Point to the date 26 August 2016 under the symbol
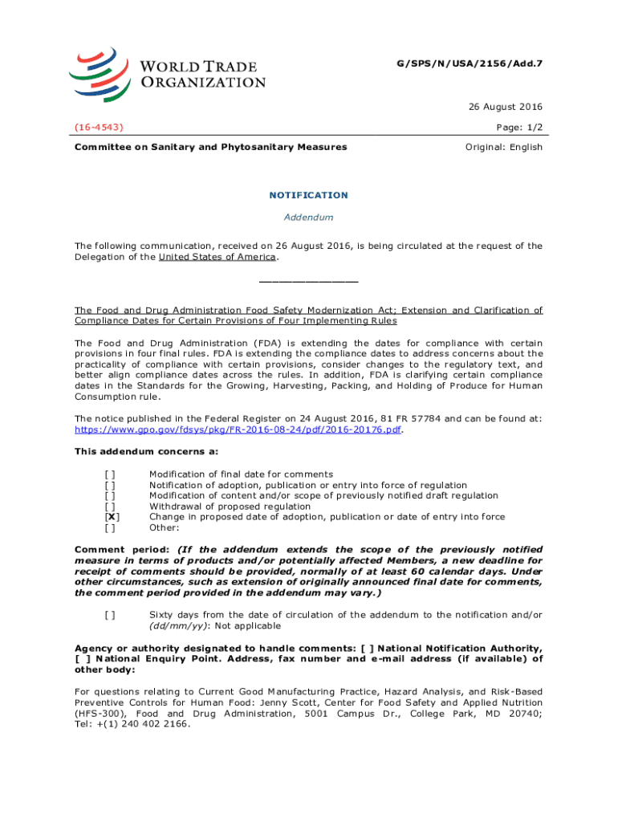tap(509, 108)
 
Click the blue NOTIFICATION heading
tap(309, 195)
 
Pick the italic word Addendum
tap(309, 218)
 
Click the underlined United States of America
tap(218, 257)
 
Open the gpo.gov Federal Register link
tap(238, 429)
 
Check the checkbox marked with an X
tap(109, 517)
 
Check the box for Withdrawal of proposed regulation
tap(109, 507)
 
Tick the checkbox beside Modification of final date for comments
tap(109, 474)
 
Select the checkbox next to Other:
tap(109, 527)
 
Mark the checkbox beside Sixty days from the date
tap(109, 615)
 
